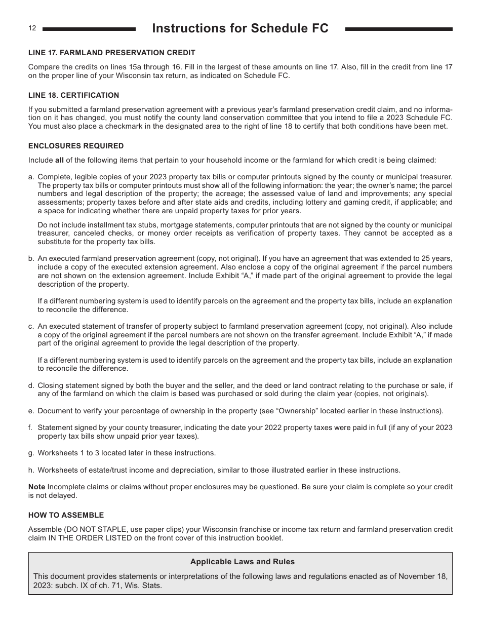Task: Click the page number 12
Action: pyautogui.click(x=32, y=28)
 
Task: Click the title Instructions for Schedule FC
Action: pyautogui.click(x=240, y=29)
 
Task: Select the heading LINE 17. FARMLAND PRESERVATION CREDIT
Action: pyautogui.click(x=111, y=53)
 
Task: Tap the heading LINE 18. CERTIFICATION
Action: pyautogui.click(x=73, y=95)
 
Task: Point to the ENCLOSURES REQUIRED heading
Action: pyautogui.click(x=76, y=146)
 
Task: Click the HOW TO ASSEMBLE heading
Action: pyautogui.click(x=66, y=515)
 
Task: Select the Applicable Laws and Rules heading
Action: pyautogui.click(x=242, y=562)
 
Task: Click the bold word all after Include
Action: pyautogui.click(x=59, y=160)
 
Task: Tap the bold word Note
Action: pyautogui.click(x=36, y=487)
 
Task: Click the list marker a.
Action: pyautogui.click(x=31, y=177)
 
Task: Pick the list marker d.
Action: pyautogui.click(x=31, y=385)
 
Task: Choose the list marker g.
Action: pyautogui.click(x=31, y=453)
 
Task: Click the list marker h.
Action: pyautogui.click(x=31, y=470)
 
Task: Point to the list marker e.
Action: pyautogui.click(x=31, y=411)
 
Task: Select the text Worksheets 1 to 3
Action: pyautogui.click(x=66, y=453)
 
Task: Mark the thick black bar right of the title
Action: pyautogui.click(x=398, y=29)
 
